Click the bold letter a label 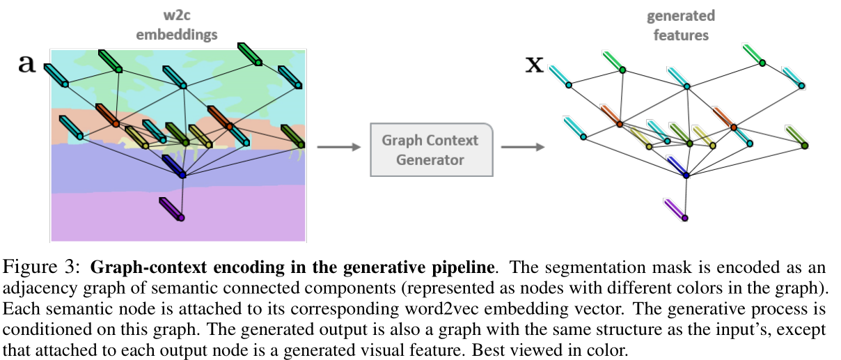click(26, 63)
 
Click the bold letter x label click(534, 64)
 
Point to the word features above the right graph click(680, 33)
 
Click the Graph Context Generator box click(430, 150)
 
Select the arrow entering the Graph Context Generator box click(338, 147)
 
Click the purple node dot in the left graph click(182, 218)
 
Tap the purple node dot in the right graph click(686, 218)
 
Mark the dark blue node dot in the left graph click(182, 175)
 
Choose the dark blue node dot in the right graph click(686, 175)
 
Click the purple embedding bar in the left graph click(170, 208)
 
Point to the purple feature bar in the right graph click(674, 208)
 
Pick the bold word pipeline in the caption click(469, 267)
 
